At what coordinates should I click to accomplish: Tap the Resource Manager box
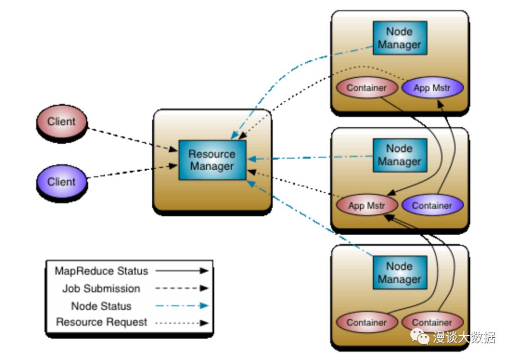212,160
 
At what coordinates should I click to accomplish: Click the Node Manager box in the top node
400,38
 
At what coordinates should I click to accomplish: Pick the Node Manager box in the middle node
400,155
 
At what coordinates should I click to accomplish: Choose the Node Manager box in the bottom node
400,272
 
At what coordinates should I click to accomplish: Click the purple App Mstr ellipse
432,88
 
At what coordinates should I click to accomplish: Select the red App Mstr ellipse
367,205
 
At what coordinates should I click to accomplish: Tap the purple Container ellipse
432,205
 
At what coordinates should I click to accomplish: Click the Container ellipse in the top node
367,88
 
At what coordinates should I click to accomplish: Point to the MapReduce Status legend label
101,271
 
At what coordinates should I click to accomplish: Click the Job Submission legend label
101,288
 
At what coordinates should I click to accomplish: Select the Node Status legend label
101,306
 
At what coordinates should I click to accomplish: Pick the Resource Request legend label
101,322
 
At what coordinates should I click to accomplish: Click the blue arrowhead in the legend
204,306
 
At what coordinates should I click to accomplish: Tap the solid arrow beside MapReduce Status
182,270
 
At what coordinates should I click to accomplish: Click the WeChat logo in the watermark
420,336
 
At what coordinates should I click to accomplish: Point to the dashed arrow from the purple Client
133,172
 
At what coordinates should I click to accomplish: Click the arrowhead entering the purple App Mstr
440,103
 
